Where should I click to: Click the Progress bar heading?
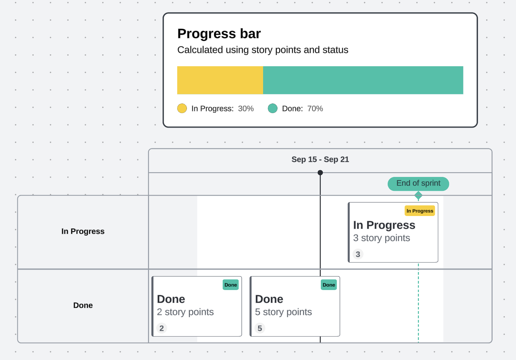tap(219, 34)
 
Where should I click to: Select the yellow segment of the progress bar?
tap(220, 80)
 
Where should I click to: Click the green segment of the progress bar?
tap(363, 80)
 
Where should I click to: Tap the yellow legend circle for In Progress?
tap(182, 108)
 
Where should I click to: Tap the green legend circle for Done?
tap(273, 108)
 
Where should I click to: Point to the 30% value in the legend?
tap(246, 109)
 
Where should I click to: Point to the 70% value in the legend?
tap(315, 109)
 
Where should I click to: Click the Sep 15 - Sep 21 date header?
tap(320, 160)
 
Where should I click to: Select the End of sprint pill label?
tap(418, 183)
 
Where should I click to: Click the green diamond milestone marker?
tap(418, 195)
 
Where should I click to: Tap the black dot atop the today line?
tap(320, 173)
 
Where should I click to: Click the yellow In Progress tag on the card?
tap(420, 211)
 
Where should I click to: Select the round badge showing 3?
tap(358, 254)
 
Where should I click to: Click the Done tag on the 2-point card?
tap(231, 285)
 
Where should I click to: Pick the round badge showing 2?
tap(162, 328)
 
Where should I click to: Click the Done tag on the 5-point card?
tap(329, 285)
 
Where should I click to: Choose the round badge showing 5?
tap(260, 328)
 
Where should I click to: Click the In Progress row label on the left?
tap(83, 232)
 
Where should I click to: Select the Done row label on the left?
tap(83, 305)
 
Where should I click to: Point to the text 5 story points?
tap(283, 312)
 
